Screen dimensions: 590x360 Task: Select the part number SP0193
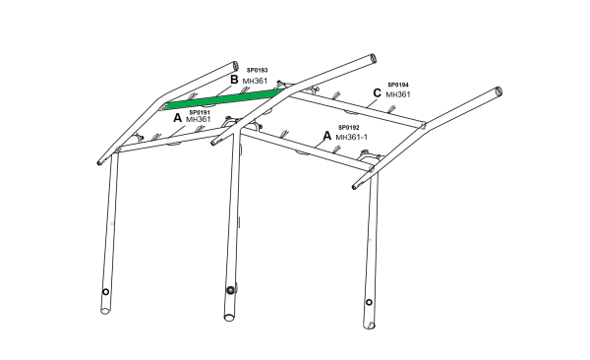(257, 71)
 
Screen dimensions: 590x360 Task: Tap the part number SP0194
(398, 86)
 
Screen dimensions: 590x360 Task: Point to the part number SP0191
(200, 112)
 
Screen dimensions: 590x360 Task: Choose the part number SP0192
(349, 128)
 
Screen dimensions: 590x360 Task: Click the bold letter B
(234, 80)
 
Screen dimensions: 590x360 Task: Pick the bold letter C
(377, 93)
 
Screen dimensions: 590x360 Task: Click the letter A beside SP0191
(177, 118)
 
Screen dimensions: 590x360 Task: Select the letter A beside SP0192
(327, 136)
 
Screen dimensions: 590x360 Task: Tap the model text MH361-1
(351, 137)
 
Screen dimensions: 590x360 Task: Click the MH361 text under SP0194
(397, 94)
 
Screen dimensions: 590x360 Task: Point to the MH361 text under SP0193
(255, 81)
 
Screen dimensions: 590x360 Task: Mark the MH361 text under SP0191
(199, 119)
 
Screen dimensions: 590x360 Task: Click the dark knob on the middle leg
(230, 290)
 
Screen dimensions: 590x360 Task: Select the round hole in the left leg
(106, 292)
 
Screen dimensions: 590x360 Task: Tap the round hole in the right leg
(369, 302)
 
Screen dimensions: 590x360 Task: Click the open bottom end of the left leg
(106, 311)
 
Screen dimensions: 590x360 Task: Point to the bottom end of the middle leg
(229, 318)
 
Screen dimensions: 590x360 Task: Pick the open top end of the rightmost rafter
(499, 91)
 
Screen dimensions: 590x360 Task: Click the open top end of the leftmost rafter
(235, 66)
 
